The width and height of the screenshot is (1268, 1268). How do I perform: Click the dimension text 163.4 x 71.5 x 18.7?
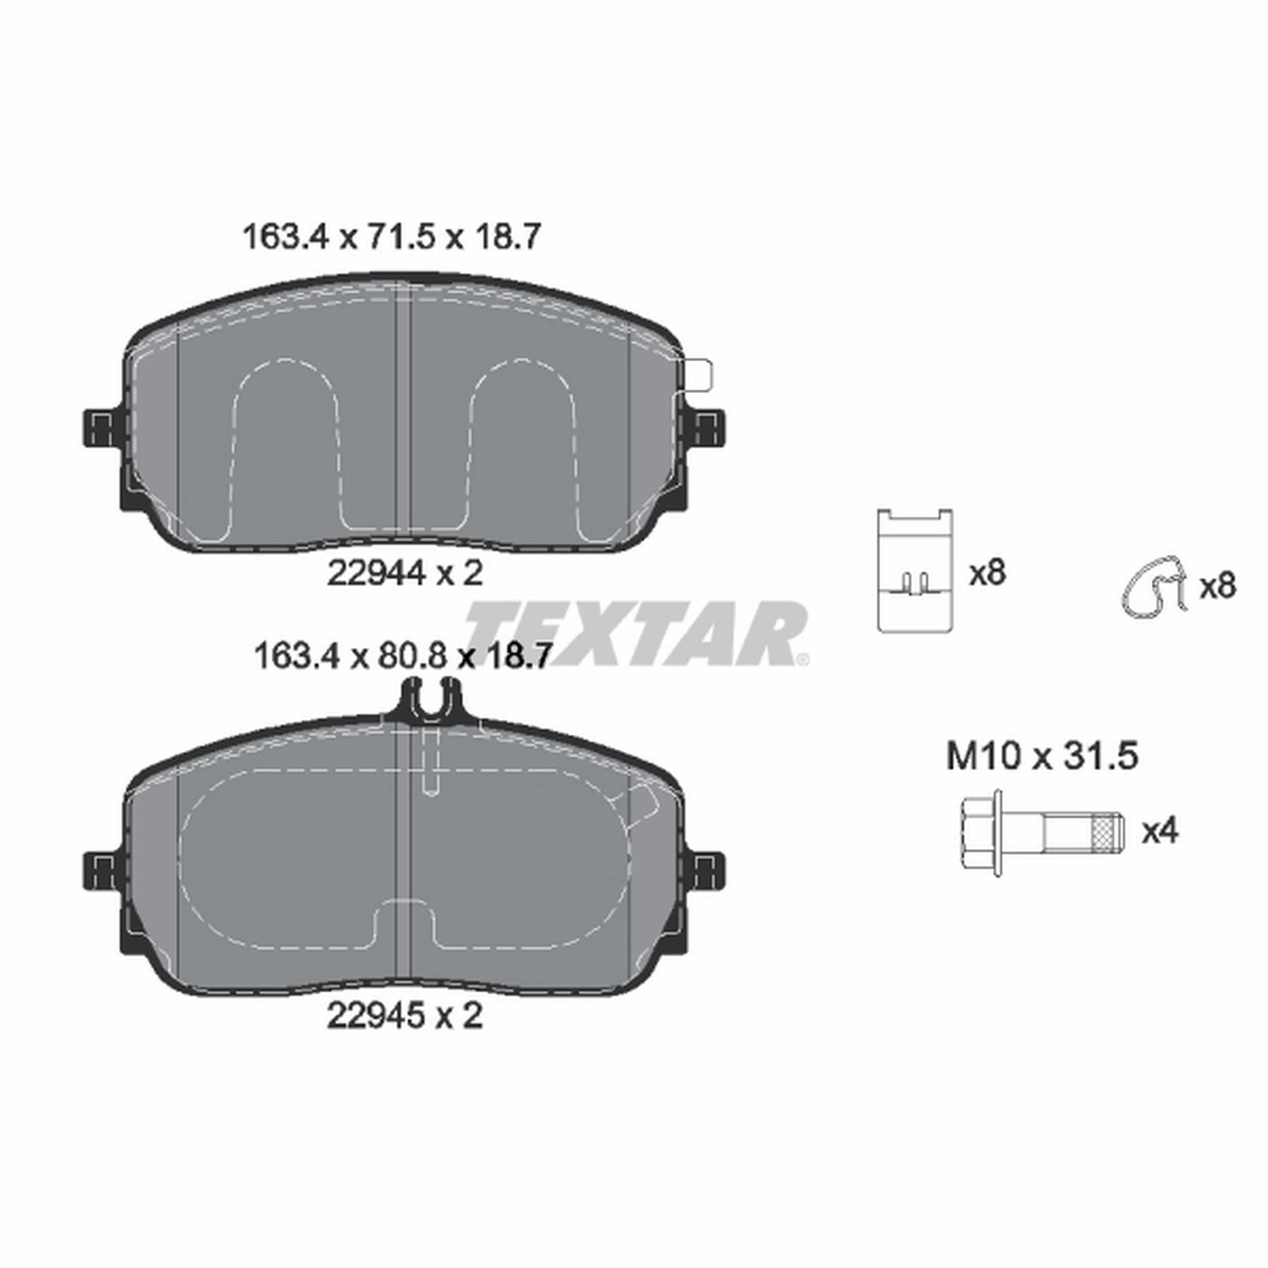point(392,237)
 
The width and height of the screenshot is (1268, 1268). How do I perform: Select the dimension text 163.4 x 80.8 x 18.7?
point(400,656)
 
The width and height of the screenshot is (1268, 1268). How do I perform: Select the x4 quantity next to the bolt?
point(1160,832)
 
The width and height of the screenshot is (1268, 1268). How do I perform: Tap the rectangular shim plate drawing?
point(915,570)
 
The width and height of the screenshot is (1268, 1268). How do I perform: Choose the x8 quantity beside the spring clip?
point(1217,585)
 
